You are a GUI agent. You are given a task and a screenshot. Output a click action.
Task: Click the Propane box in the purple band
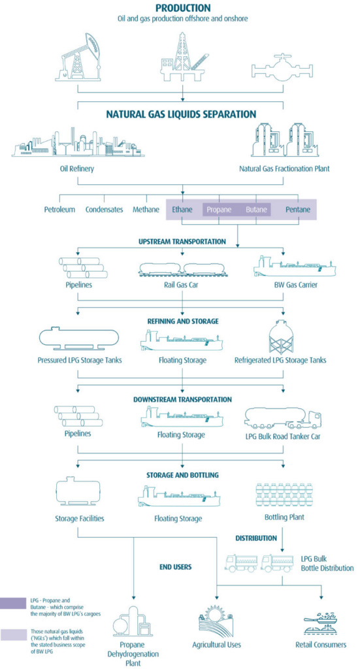pos(219,210)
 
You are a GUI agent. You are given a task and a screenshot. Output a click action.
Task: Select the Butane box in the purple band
pos(257,210)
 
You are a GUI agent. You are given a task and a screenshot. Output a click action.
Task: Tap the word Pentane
pos(298,210)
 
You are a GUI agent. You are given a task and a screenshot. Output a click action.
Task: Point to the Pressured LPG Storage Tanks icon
pos(79,338)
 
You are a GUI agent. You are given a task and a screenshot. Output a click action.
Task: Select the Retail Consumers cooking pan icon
pos(321,621)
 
